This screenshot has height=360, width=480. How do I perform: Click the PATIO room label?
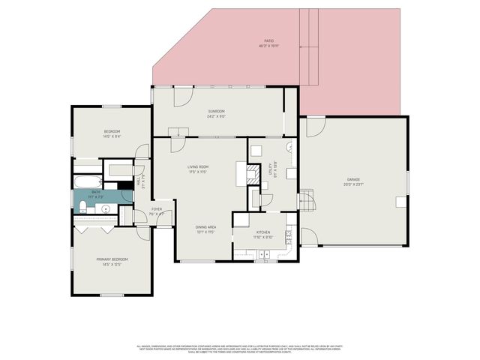268,42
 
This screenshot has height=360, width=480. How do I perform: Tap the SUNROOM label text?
216,112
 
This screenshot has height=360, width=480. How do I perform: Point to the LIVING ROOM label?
198,166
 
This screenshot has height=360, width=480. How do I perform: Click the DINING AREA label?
206,226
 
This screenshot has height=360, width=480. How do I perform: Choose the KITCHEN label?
263,232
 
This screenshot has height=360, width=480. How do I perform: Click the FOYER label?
157,209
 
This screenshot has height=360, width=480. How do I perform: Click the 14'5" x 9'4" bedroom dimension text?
112,136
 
